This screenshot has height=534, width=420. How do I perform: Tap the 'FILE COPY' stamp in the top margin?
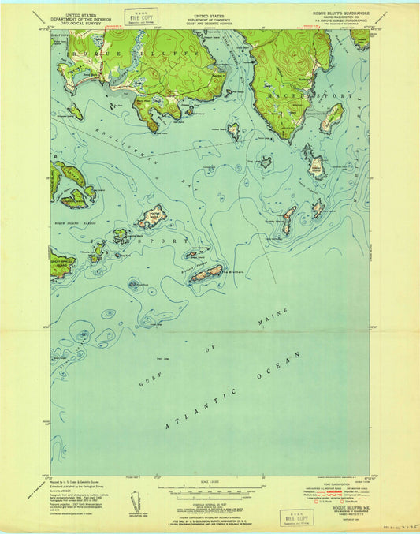click(144, 17)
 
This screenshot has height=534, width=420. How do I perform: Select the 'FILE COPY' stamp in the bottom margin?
click(297, 517)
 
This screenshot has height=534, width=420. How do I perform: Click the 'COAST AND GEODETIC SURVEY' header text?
click(210, 22)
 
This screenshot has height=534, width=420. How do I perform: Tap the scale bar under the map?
click(210, 483)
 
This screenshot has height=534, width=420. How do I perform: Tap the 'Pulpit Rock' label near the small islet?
click(139, 285)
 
